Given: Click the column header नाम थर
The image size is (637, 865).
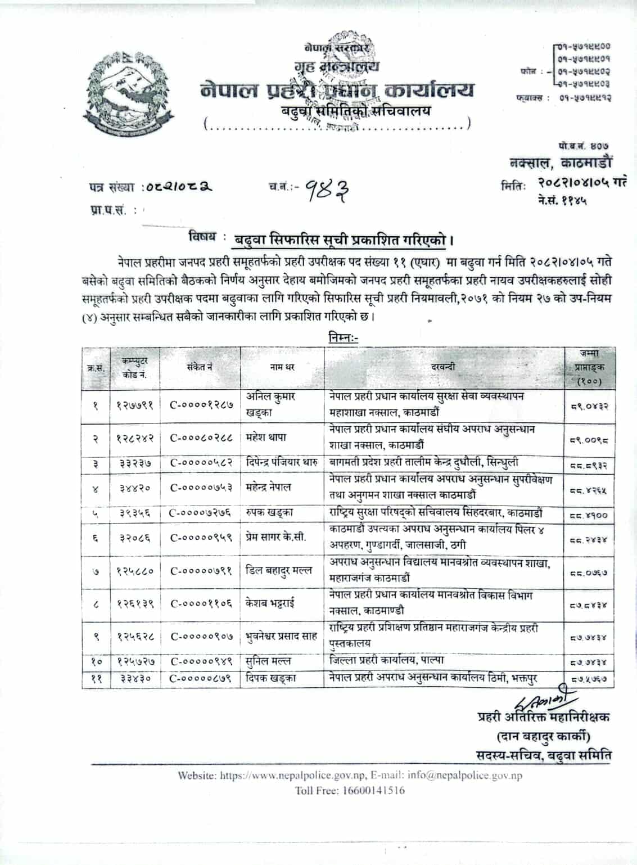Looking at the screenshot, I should (x=282, y=367).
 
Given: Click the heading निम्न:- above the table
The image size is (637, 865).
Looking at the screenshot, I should (x=342, y=338).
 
